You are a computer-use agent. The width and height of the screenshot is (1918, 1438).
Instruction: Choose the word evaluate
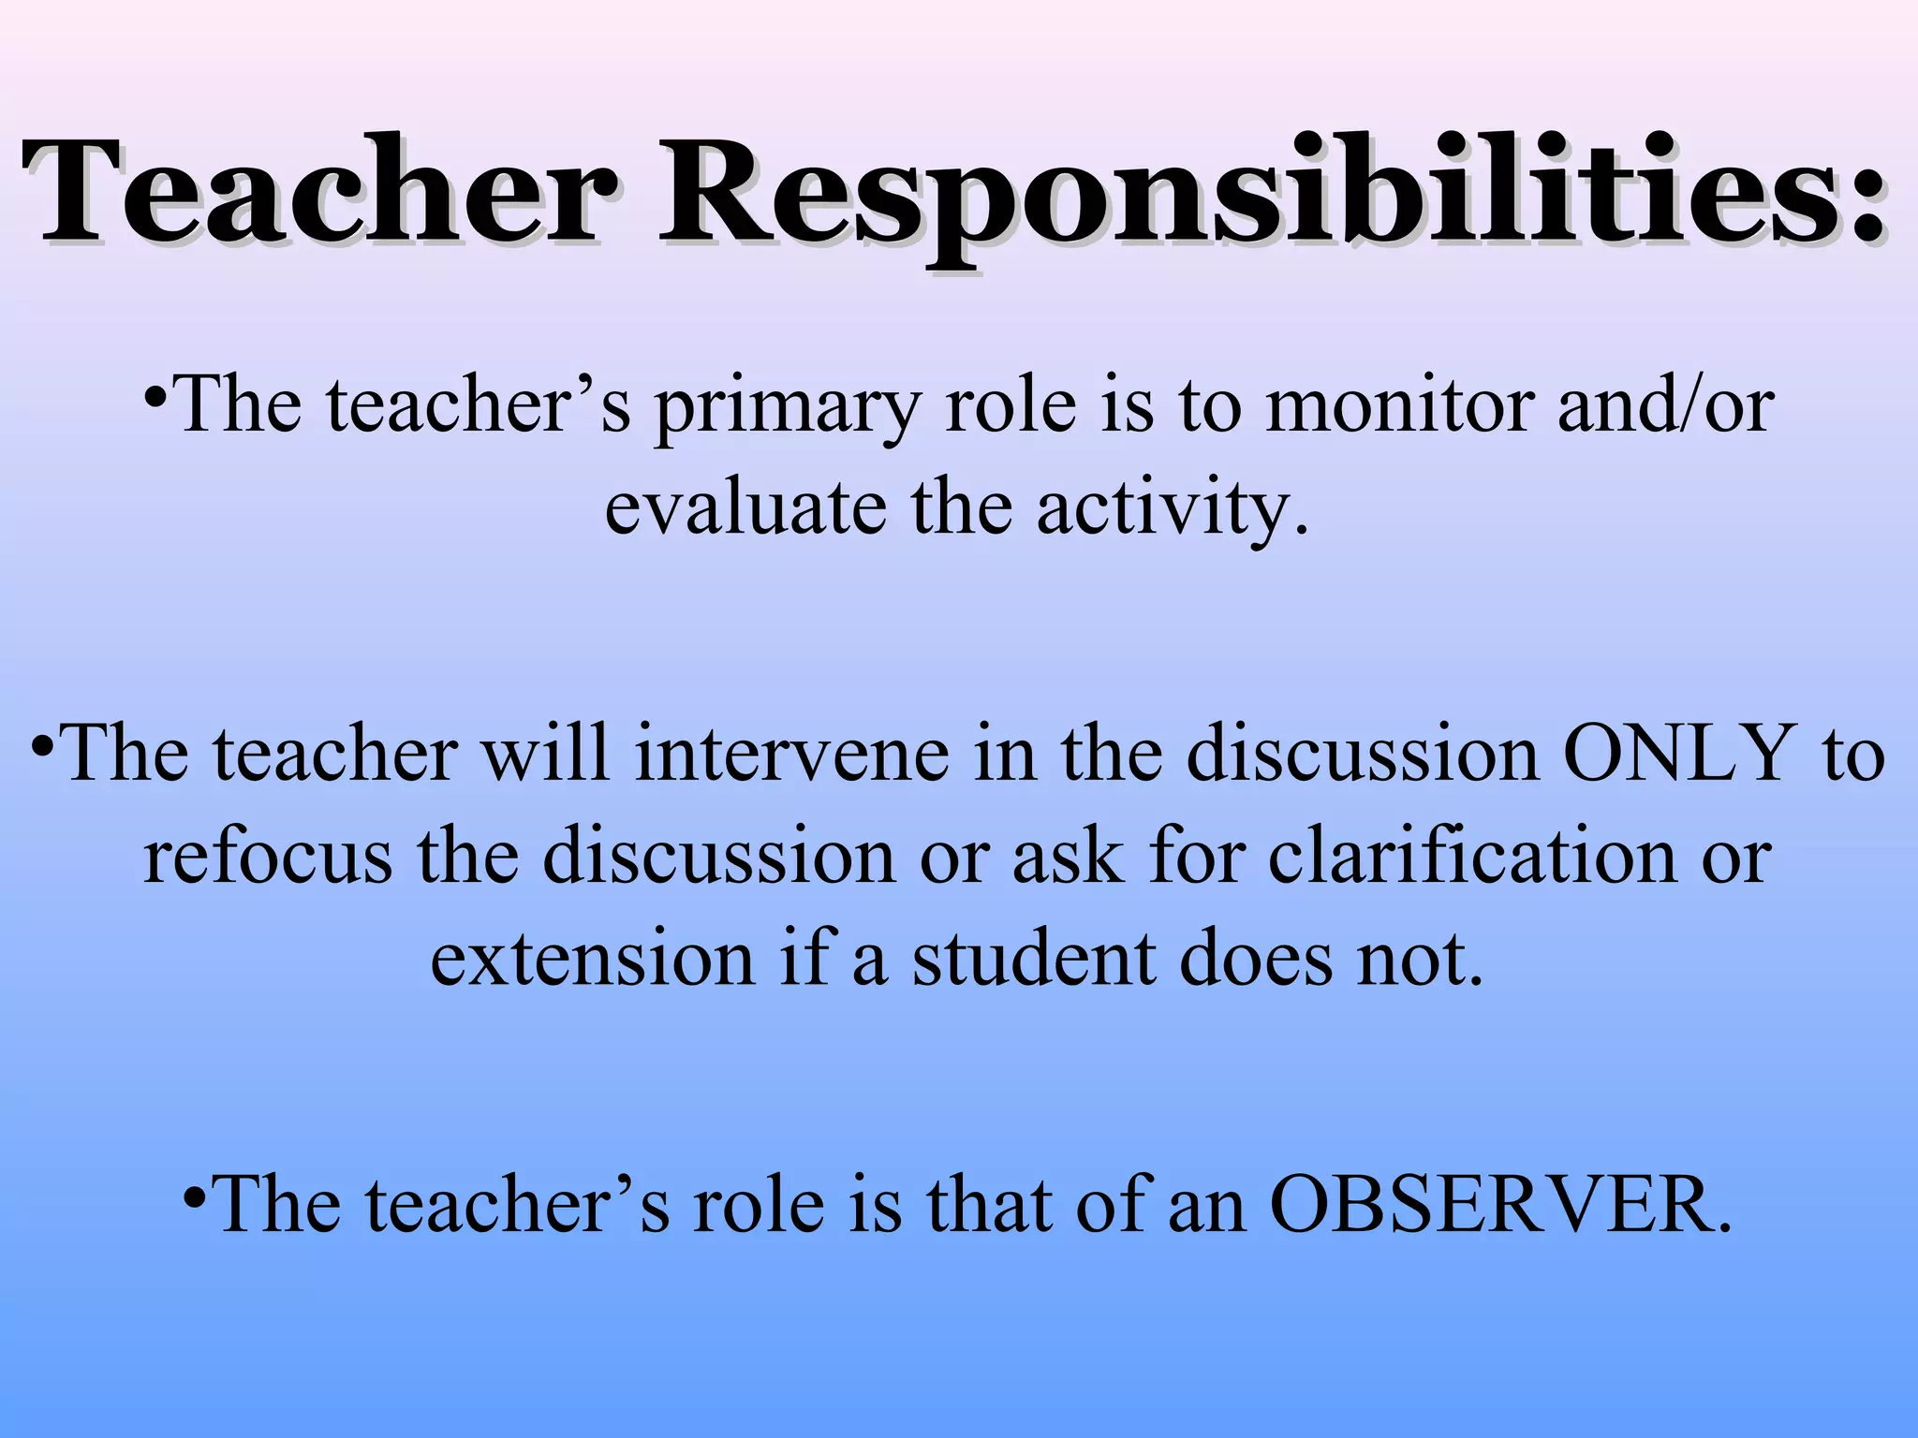(745, 509)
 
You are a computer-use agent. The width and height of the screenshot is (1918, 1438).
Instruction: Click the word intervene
(790, 755)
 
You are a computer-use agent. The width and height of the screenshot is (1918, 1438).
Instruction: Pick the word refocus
(268, 857)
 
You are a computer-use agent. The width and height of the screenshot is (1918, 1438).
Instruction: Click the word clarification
(1471, 857)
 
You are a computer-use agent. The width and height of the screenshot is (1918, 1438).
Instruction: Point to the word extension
(592, 959)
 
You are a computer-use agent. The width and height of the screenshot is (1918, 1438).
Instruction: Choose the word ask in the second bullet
(1068, 857)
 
